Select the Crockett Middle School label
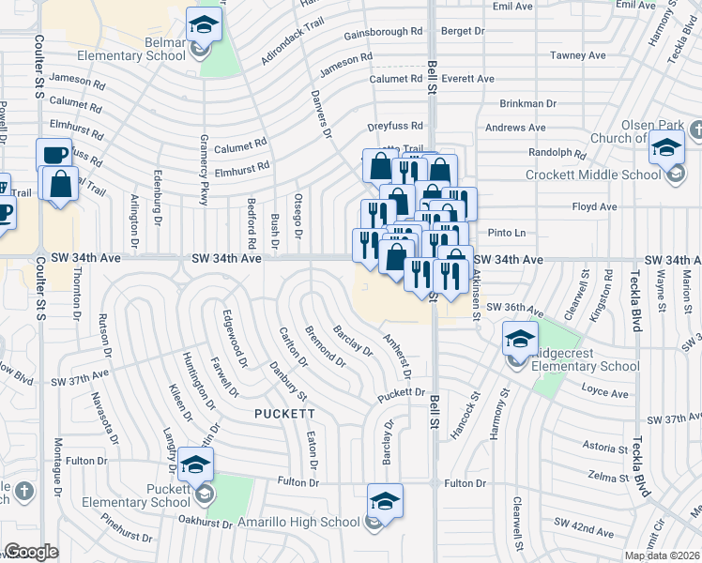pos(608,175)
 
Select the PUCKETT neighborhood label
pos(283,413)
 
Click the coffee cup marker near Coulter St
pos(53,154)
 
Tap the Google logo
pos(30,552)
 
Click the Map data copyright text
pos(662,555)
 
